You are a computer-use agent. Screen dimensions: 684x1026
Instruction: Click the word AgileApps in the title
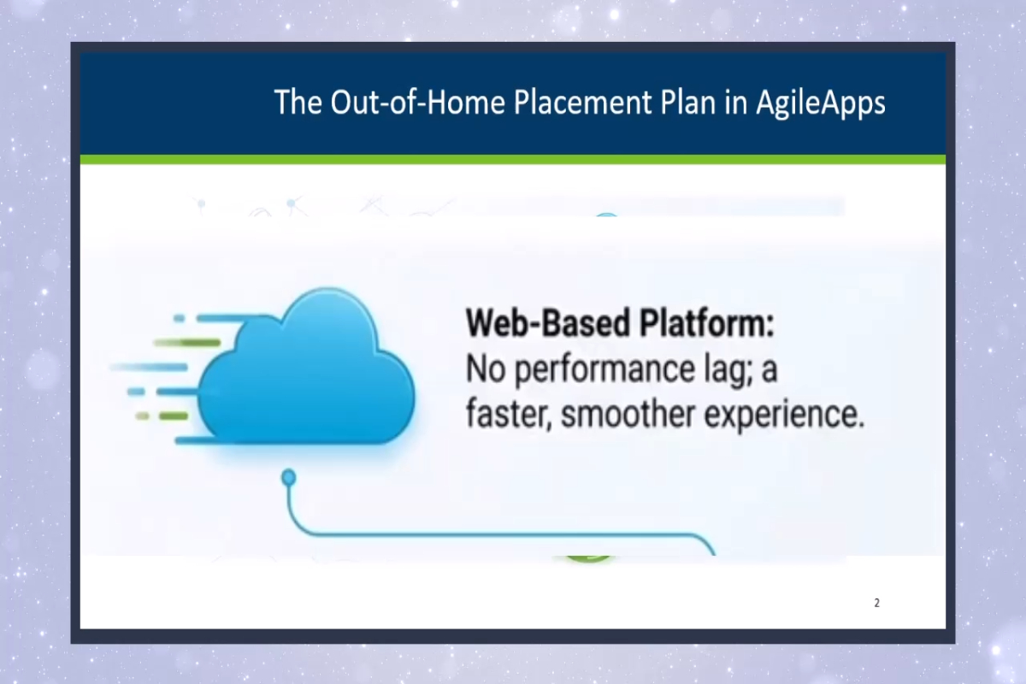[820, 103]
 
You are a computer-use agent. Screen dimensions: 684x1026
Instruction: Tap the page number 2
[876, 603]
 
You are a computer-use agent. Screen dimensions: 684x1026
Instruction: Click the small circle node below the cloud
[289, 475]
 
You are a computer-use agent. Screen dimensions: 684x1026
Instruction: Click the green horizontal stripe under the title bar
[513, 159]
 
